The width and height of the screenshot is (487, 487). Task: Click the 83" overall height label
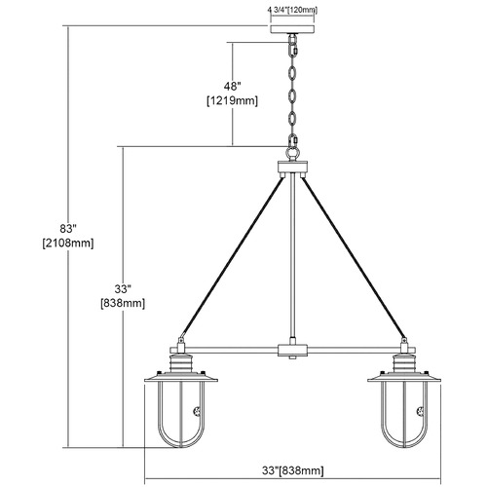tap(67, 229)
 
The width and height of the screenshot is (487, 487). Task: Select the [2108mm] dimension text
tap(68, 243)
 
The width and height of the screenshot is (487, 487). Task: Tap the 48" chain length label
tap(232, 87)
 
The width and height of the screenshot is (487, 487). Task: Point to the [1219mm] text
tap(232, 101)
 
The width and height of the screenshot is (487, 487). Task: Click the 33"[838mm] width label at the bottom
tap(292, 470)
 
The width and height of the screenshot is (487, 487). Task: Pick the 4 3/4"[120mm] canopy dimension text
tap(292, 10)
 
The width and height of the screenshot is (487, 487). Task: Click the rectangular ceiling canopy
tap(292, 28)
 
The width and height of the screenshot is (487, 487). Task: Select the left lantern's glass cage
tap(181, 415)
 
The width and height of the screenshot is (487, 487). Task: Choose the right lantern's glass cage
tap(404, 415)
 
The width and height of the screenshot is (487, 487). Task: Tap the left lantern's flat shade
tap(181, 378)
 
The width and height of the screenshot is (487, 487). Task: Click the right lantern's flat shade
tap(404, 378)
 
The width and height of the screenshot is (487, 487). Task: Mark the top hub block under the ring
tap(292, 167)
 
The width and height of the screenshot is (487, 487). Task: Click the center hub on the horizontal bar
tap(292, 351)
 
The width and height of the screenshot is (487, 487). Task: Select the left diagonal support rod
tap(233, 257)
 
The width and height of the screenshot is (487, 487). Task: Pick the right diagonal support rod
tap(353, 257)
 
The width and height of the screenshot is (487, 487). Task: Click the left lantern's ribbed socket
tap(181, 363)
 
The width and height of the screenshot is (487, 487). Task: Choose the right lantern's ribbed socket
tap(404, 363)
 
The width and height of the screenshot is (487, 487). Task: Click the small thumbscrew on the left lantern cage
tap(197, 412)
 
